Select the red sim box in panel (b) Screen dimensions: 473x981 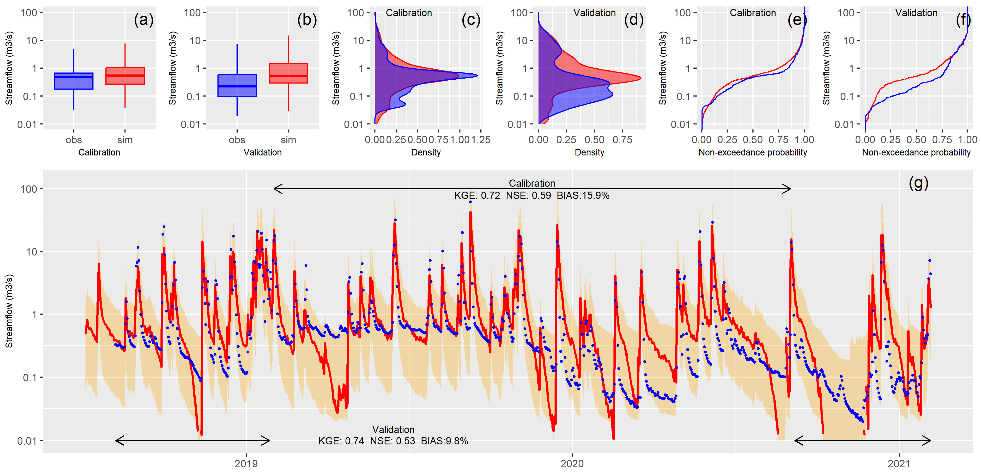click(288, 73)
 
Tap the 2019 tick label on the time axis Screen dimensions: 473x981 click(246, 464)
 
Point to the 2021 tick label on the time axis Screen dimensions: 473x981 click(899, 464)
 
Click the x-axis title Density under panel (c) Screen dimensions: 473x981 click(426, 153)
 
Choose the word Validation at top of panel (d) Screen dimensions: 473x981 click(594, 13)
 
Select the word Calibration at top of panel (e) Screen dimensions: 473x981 click(753, 13)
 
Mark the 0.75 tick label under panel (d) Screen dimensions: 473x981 click(622, 140)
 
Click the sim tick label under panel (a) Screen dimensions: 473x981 click(125, 140)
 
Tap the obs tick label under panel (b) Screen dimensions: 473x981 click(237, 140)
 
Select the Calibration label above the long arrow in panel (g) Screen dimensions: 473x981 click(532, 183)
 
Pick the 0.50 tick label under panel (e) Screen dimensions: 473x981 click(753, 140)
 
